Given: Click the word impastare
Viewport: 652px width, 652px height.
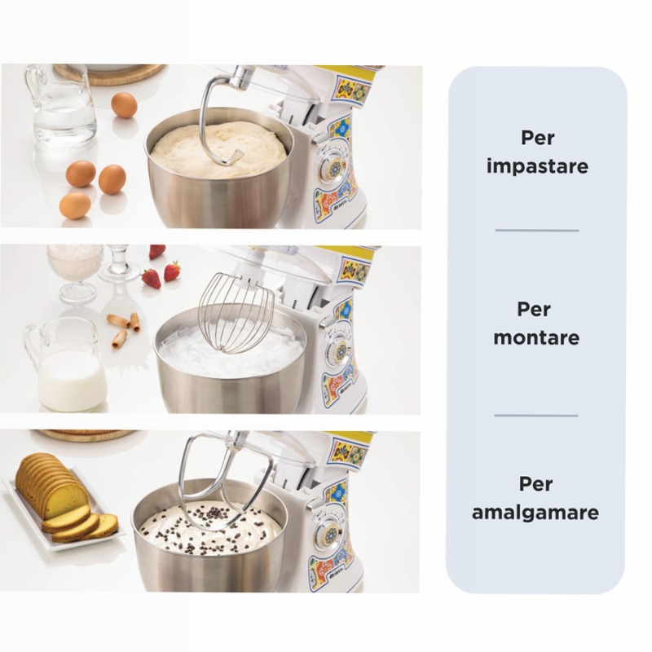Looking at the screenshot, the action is click(537, 166).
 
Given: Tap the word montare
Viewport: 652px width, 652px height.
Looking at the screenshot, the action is click(536, 337).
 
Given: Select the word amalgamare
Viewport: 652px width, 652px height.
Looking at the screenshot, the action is click(535, 513).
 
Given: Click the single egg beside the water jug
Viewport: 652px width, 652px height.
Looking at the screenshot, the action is click(124, 105).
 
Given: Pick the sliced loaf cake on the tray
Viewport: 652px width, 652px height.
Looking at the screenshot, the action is click(63, 499).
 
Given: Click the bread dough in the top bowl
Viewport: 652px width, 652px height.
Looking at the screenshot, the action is click(219, 147).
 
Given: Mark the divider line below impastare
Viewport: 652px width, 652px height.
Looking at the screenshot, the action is click(537, 230).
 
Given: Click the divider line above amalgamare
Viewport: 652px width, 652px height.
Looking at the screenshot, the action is click(536, 416).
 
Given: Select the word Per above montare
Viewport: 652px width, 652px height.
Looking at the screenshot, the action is click(534, 309).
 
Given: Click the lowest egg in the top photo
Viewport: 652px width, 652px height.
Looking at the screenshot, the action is click(75, 205).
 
